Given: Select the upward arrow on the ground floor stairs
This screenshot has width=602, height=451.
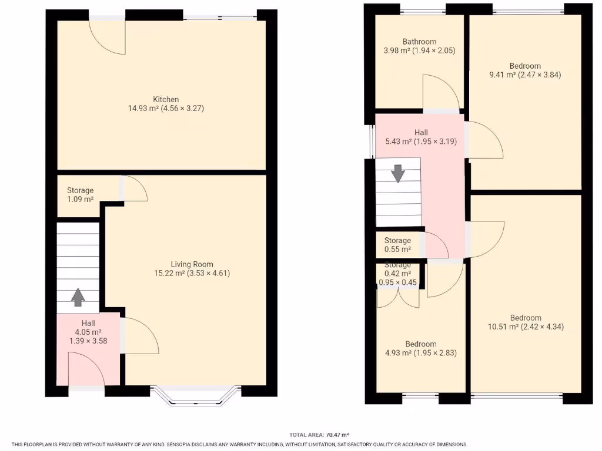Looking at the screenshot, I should click(x=77, y=298).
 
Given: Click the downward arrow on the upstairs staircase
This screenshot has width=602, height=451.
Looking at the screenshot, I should click(x=398, y=173).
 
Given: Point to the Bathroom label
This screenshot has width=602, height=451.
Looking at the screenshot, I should click(x=419, y=42).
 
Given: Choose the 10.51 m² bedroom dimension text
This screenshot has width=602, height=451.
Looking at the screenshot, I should click(x=525, y=327).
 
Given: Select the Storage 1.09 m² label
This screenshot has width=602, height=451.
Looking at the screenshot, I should click(x=80, y=195).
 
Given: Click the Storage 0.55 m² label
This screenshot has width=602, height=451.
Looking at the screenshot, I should click(x=397, y=245).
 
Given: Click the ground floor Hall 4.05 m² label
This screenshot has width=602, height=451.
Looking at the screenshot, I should click(x=88, y=332).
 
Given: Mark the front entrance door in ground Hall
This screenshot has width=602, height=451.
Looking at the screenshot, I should click(x=85, y=370).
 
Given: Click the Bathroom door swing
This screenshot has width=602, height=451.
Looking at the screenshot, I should click(x=440, y=92).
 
